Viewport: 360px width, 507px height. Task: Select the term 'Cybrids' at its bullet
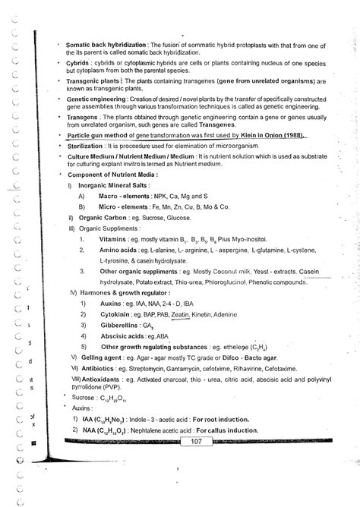(80, 66)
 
